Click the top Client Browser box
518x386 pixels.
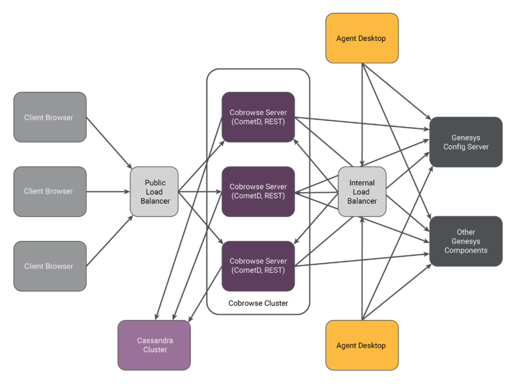point(49,117)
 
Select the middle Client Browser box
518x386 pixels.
point(49,191)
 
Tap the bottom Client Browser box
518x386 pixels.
point(49,266)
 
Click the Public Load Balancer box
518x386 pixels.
point(154,191)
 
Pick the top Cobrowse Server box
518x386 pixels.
point(258,117)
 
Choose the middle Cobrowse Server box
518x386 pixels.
point(258,191)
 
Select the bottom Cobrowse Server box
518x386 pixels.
point(258,266)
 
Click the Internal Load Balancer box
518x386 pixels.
point(362,191)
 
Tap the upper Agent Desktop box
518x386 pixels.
point(361,38)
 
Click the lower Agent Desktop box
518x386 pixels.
point(361,345)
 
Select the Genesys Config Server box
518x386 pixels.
point(466,142)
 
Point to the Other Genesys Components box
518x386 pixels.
point(466,241)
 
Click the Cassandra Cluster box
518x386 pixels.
point(154,345)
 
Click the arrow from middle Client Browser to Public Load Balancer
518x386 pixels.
point(108,191)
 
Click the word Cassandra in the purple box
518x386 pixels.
point(154,340)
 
